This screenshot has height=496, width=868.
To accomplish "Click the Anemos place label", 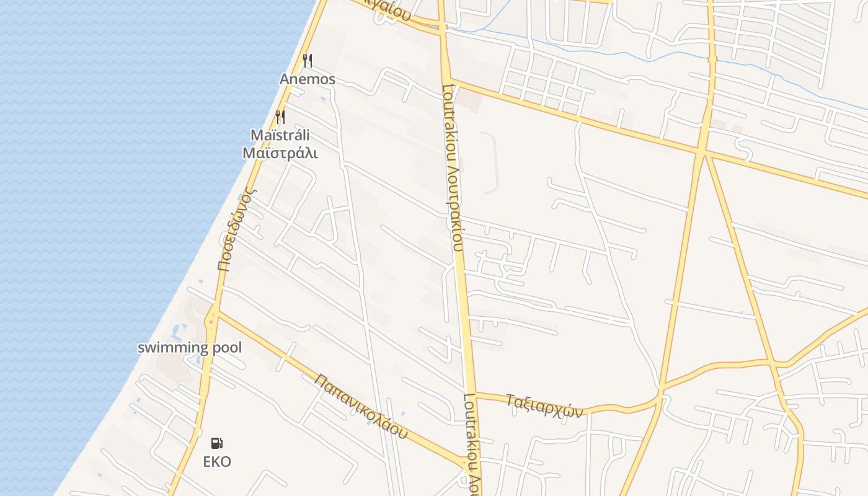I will [x=308, y=79].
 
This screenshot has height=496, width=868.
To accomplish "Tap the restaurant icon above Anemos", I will [x=307, y=60].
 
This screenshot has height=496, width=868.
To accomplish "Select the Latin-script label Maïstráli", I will [x=280, y=135].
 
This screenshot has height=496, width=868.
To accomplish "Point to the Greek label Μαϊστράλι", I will [x=280, y=153].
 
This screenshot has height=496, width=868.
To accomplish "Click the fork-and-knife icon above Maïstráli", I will [x=280, y=117].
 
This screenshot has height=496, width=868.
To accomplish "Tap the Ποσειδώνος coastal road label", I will [x=236, y=230].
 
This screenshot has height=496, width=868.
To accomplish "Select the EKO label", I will [x=217, y=462].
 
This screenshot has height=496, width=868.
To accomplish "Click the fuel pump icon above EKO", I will [x=217, y=443].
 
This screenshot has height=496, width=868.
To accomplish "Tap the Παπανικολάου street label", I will [x=360, y=406].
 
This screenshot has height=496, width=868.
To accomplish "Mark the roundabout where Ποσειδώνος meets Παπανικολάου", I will [x=213, y=319].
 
